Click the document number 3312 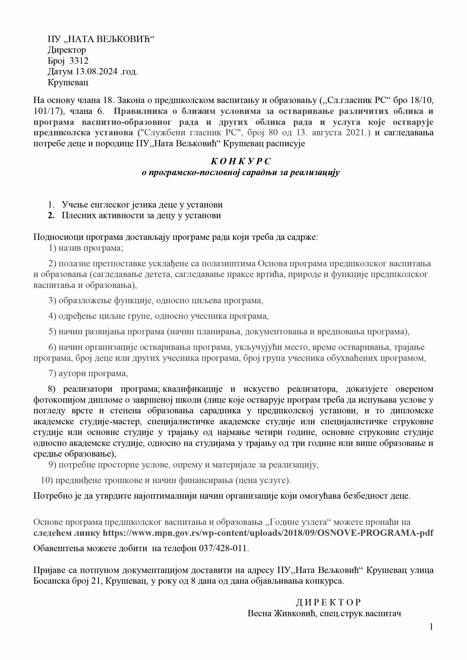pyautogui.click(x=79, y=61)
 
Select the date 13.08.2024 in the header pyautogui.click(x=96, y=72)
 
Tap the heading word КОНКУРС pyautogui.click(x=241, y=161)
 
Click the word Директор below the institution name pyautogui.click(x=67, y=50)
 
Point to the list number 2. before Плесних pyautogui.click(x=51, y=216)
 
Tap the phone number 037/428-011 pyautogui.click(x=223, y=548)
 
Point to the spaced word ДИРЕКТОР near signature pyautogui.click(x=328, y=602)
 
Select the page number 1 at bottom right pyautogui.click(x=431, y=627)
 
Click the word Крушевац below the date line pyautogui.click(x=68, y=83)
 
